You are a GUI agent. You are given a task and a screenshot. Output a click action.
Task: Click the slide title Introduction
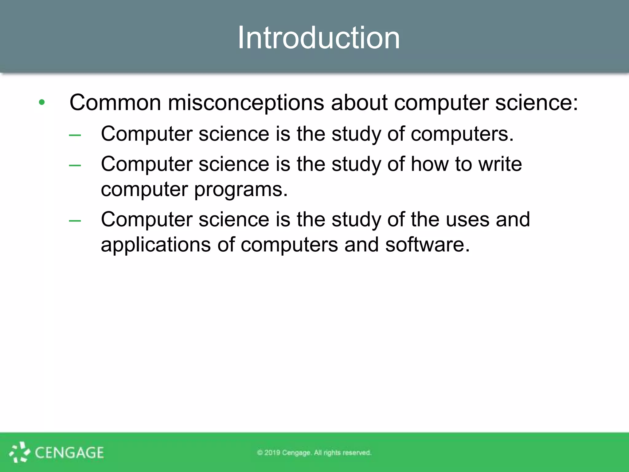319,37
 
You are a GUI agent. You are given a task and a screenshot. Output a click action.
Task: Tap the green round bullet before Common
42,102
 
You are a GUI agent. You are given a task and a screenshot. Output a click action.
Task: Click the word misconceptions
246,103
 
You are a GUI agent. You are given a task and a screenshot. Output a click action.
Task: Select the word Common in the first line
115,102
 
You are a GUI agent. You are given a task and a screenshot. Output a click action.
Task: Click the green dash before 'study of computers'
75,135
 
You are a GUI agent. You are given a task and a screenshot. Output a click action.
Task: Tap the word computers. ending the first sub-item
462,134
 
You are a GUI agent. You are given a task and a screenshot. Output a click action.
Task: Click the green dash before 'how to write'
75,165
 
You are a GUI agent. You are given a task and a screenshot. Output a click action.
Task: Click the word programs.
241,190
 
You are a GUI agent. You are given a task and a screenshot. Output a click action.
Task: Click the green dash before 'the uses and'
75,220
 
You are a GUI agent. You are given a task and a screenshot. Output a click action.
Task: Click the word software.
428,245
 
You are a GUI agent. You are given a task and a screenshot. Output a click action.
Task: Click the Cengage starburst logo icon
19,452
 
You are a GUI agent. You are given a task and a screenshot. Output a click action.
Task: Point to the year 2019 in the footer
272,453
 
